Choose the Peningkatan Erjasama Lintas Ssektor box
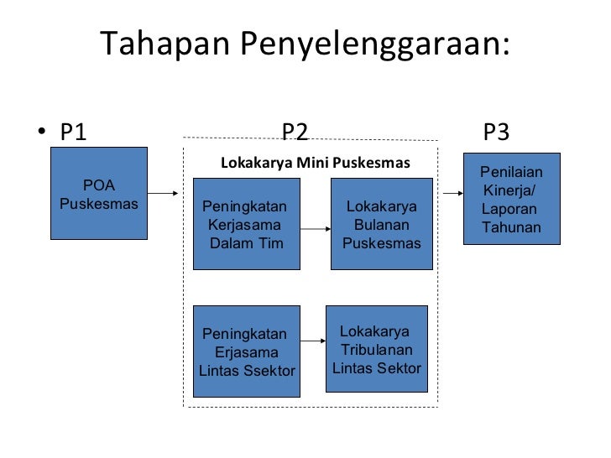coord(247,351)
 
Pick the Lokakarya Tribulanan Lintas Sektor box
coord(377,348)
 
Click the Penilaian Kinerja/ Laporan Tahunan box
coord(511,200)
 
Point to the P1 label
coord(72,132)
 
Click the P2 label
coord(295,132)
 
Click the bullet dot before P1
coord(42,133)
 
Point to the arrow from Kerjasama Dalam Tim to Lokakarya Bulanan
coord(315,227)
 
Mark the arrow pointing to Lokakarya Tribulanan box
coord(312,341)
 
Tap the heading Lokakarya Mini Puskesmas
coord(315,163)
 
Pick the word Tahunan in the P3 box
coord(512,229)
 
